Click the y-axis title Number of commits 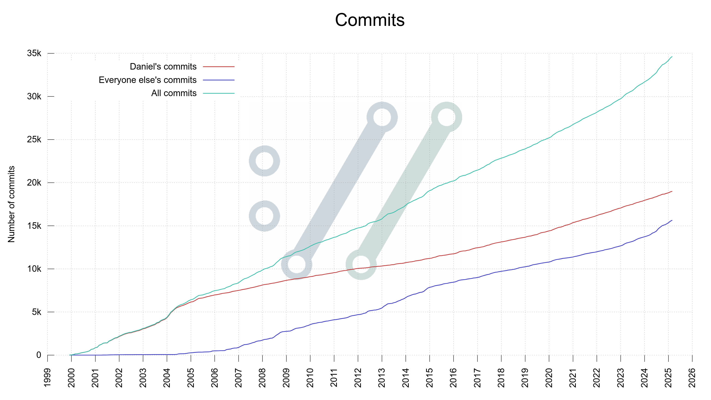click(11, 204)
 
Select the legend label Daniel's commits click(163, 67)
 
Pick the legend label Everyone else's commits click(147, 80)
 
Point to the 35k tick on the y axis click(34, 53)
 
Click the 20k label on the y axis click(34, 183)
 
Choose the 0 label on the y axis click(39, 355)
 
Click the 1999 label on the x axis click(47, 378)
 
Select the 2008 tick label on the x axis click(262, 378)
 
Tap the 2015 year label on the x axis click(430, 378)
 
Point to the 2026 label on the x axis click(692, 378)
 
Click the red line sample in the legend click(219, 67)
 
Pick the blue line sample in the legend click(219, 80)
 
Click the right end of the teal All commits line click(671, 57)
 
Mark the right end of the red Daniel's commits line click(671, 191)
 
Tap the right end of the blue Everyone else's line click(671, 220)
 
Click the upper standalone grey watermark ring click(264, 161)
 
